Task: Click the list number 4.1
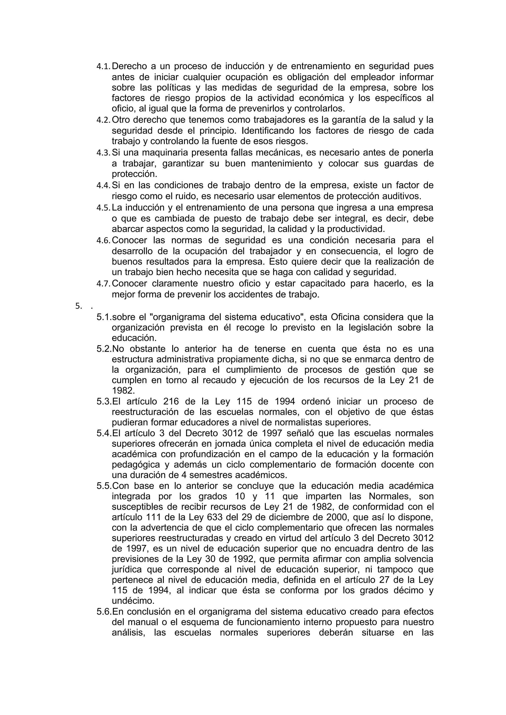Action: (x=103, y=67)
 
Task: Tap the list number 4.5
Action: (x=103, y=208)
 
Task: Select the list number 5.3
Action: (x=104, y=402)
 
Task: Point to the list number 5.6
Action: (x=104, y=612)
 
